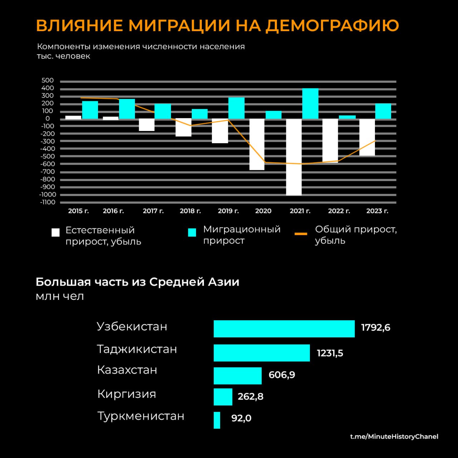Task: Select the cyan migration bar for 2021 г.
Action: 310,103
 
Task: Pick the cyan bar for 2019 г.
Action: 236,108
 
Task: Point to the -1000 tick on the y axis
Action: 48,195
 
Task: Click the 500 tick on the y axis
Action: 48,81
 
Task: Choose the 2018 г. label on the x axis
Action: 190,211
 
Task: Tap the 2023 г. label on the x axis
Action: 377,211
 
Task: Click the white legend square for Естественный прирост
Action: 55,233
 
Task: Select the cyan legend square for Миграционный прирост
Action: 192,233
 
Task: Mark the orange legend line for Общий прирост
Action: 301,234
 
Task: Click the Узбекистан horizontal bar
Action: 284,329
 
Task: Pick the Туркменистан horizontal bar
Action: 217,420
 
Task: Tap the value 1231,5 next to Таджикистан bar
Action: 330,354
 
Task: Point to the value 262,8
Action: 250,396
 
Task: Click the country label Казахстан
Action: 127,370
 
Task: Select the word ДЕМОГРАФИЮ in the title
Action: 332,25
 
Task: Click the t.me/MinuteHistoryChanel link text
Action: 394,437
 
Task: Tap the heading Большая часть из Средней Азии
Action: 137,282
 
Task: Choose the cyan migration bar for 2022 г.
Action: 347,117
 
